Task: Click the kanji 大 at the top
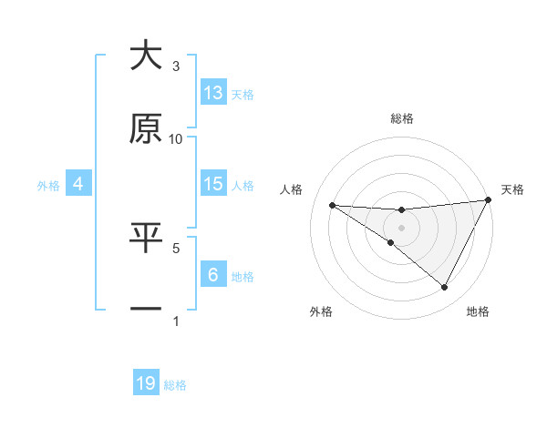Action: coord(146,56)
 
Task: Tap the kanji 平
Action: coord(146,238)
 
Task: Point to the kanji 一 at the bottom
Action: coord(146,309)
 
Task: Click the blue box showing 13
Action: coord(213,93)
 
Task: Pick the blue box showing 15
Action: coord(213,184)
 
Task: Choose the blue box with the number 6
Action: coord(213,274)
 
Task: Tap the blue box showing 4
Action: coord(78,184)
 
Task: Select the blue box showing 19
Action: coord(146,383)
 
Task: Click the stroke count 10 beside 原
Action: coord(176,138)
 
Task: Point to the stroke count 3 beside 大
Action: coord(176,66)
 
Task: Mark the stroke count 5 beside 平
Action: coord(176,247)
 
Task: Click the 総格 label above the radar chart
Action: coord(402,118)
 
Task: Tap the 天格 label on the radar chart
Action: coord(512,189)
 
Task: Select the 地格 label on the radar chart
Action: coord(478,311)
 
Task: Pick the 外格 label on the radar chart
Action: coord(321,311)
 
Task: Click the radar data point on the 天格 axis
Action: coord(488,200)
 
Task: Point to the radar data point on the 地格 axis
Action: coord(445,288)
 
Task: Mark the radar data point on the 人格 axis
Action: coord(332,205)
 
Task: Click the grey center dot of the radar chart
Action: coord(401,227)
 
